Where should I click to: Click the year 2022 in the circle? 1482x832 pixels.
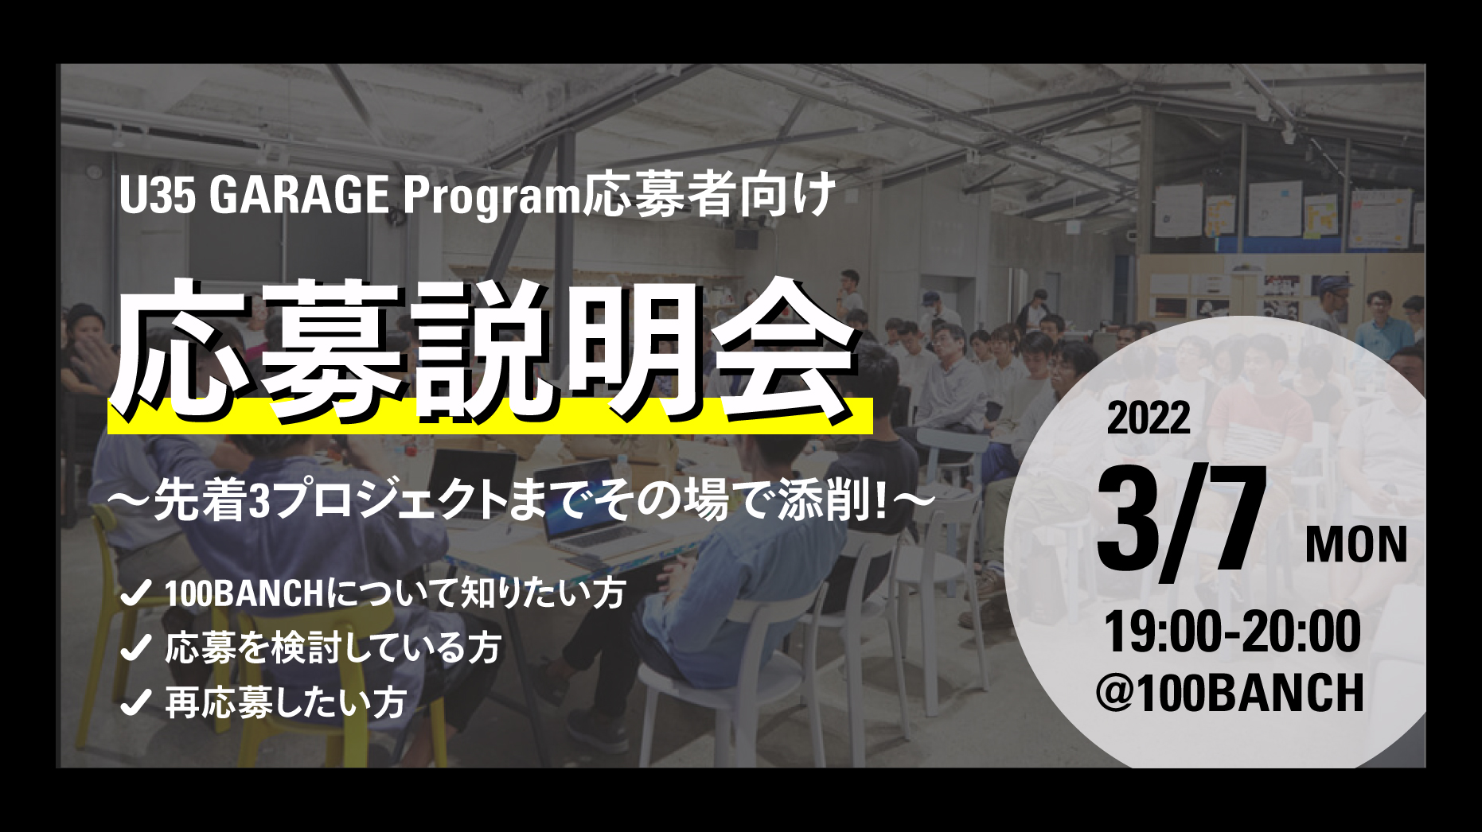[x=1149, y=418]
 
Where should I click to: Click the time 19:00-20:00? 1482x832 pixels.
[x=1232, y=632]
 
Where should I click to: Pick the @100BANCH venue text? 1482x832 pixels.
[x=1230, y=693]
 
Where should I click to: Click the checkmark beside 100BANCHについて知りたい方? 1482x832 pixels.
[x=135, y=593]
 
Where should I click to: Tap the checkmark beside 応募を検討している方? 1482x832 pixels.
[x=135, y=648]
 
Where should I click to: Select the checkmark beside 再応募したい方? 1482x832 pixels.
[x=135, y=703]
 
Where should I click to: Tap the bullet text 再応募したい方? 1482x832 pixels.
[x=287, y=703]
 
